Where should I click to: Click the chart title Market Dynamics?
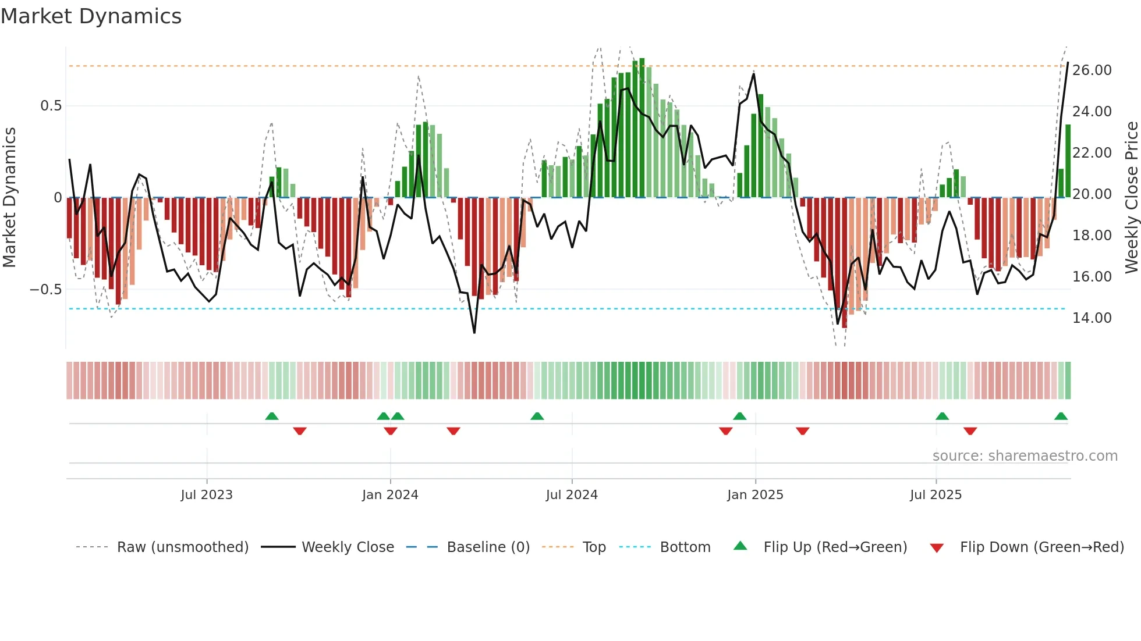pyautogui.click(x=91, y=16)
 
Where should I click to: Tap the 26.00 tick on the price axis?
pyautogui.click(x=1092, y=70)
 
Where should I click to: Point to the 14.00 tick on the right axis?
pyautogui.click(x=1092, y=318)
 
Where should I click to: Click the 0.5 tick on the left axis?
pyautogui.click(x=51, y=106)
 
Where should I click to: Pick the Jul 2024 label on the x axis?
pyautogui.click(x=572, y=495)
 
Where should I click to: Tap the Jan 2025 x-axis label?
pyautogui.click(x=755, y=495)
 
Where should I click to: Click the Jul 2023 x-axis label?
pyautogui.click(x=207, y=495)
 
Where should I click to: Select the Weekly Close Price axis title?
pyautogui.click(x=1131, y=198)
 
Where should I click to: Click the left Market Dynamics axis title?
pyautogui.click(x=9, y=198)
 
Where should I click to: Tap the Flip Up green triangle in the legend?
pyautogui.click(x=740, y=546)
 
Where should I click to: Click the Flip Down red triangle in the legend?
pyautogui.click(x=937, y=548)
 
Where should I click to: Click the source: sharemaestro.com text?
pyautogui.click(x=1025, y=456)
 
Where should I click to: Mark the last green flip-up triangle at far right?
pyautogui.click(x=1061, y=416)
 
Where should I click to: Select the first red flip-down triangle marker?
pyautogui.click(x=300, y=431)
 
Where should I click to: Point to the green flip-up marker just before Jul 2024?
pyautogui.click(x=537, y=416)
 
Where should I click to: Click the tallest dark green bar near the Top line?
pyautogui.click(x=642, y=128)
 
